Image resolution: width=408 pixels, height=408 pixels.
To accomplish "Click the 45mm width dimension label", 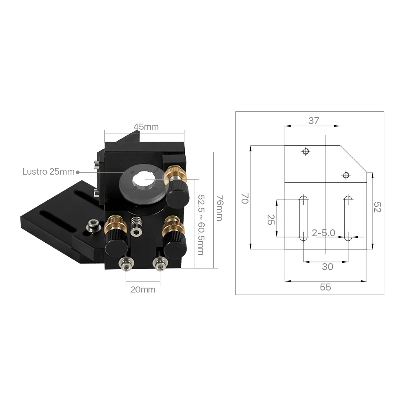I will [x=146, y=127].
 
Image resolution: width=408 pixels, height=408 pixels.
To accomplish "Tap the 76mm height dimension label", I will [x=220, y=208].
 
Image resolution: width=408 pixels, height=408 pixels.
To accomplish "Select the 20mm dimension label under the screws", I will [x=143, y=290].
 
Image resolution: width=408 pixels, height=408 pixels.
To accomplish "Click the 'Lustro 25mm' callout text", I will [x=48, y=172].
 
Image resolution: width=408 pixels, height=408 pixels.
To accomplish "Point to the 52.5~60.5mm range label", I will [x=200, y=224].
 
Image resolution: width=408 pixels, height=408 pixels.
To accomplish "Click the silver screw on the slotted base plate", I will [x=93, y=225].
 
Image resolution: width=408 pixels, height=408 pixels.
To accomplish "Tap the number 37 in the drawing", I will [x=313, y=121].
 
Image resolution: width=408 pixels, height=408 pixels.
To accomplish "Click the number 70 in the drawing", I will [x=245, y=199].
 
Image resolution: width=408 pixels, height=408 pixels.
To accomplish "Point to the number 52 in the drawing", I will [x=377, y=208].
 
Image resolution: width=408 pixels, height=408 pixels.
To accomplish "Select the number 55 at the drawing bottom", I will [x=325, y=287].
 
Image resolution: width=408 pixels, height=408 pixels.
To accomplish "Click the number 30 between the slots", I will [x=327, y=267].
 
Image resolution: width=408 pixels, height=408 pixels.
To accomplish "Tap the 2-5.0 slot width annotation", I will [x=323, y=233].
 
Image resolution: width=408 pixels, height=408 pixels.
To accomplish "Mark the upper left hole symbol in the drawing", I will [x=305, y=152].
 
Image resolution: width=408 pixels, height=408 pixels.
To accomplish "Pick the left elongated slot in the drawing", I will [x=304, y=218].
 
